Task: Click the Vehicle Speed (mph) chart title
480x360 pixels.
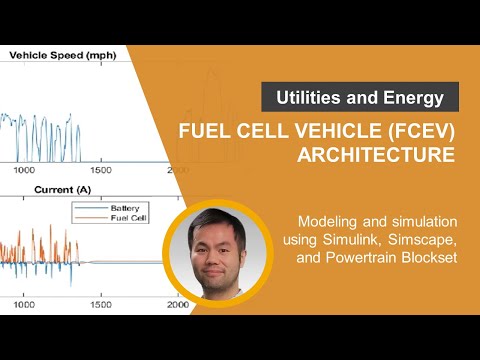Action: click(x=63, y=55)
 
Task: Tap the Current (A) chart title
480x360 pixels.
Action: click(x=63, y=190)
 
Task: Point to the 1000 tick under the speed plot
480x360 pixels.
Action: click(x=24, y=170)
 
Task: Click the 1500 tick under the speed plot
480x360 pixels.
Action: click(x=101, y=170)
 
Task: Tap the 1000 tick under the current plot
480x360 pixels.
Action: click(x=24, y=305)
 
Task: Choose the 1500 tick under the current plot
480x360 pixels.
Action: click(x=101, y=305)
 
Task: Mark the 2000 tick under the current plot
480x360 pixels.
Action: click(x=178, y=305)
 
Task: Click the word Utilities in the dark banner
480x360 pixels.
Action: click(x=309, y=97)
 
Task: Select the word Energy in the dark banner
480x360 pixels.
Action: click(x=413, y=98)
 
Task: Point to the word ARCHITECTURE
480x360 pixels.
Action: click(x=376, y=155)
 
